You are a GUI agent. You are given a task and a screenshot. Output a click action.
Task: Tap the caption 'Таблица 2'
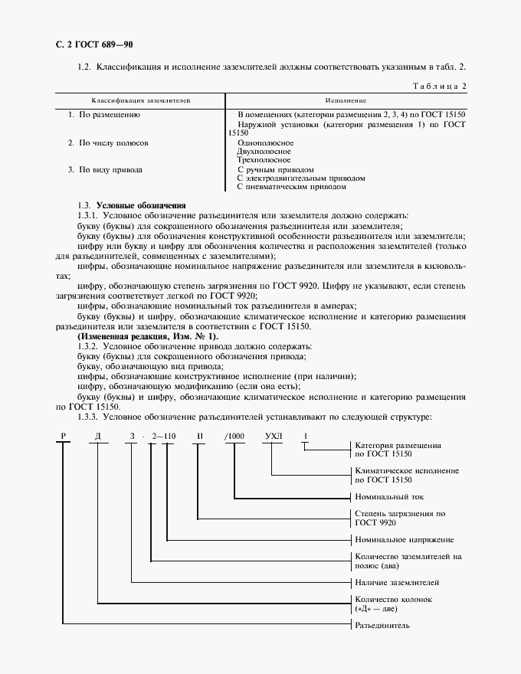(x=439, y=86)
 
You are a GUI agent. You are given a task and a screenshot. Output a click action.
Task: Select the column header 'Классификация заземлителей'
(x=141, y=100)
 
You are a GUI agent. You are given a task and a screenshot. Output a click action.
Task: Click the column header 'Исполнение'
(x=345, y=100)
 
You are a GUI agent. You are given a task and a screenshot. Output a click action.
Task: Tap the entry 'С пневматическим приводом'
(x=291, y=186)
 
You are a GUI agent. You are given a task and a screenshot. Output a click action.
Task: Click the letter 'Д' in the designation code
(x=97, y=436)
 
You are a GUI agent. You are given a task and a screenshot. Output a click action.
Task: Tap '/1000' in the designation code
(x=234, y=436)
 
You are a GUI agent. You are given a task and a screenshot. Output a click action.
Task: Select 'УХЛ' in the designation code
(x=273, y=436)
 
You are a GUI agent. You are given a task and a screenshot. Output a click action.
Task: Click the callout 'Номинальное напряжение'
(x=404, y=540)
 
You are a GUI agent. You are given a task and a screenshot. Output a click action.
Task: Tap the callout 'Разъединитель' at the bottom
(x=382, y=626)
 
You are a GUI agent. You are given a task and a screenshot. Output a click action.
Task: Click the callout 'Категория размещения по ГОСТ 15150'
(x=397, y=450)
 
